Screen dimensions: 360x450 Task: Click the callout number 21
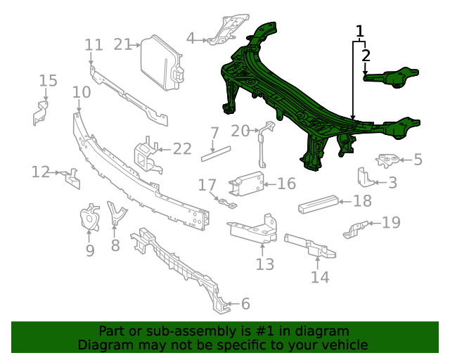tap(123, 44)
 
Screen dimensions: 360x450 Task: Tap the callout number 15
tap(48, 80)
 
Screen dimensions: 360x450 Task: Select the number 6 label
tap(245, 304)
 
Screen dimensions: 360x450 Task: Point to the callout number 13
tap(264, 264)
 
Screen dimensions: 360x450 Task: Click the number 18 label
tap(362, 201)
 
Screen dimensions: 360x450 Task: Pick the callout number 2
tap(366, 55)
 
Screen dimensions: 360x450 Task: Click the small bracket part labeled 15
tap(40, 112)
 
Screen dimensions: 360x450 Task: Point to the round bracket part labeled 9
tap(90, 218)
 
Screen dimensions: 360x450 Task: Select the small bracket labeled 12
tap(70, 177)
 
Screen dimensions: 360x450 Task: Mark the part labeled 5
tap(386, 160)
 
